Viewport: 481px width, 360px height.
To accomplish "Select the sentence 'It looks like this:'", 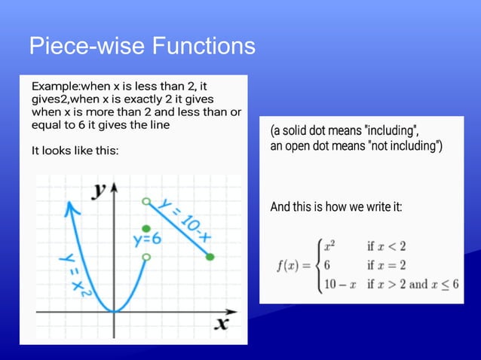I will (x=75, y=151).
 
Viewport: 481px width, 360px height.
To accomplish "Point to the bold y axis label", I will (x=98, y=190).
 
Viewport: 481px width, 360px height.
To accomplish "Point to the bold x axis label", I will (x=221, y=323).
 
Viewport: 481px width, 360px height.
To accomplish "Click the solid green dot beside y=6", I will (x=146, y=227).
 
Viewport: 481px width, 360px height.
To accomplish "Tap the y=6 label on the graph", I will (x=147, y=240).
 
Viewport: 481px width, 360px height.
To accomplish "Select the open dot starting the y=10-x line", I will (x=146, y=201).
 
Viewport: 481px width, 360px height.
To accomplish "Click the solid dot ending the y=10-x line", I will (x=210, y=258).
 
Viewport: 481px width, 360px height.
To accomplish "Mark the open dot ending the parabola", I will (x=146, y=258).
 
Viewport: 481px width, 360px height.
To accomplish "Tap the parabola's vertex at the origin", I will (x=114, y=311).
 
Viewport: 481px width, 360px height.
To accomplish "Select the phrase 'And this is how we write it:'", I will (x=335, y=206).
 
